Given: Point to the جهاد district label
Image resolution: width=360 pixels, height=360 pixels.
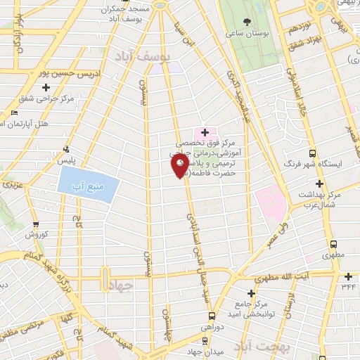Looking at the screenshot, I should tap(122, 285).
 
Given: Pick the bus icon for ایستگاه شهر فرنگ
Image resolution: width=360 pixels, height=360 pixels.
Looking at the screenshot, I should tap(313, 153).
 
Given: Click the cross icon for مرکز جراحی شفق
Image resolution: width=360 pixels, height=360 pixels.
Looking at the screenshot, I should tap(46, 87).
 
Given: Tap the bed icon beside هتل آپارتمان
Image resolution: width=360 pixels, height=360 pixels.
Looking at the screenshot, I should tap(14, 112).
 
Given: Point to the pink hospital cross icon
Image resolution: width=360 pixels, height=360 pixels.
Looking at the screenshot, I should tap(205, 132).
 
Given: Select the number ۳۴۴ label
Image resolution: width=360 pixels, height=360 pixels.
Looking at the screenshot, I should tap(348, 286).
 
